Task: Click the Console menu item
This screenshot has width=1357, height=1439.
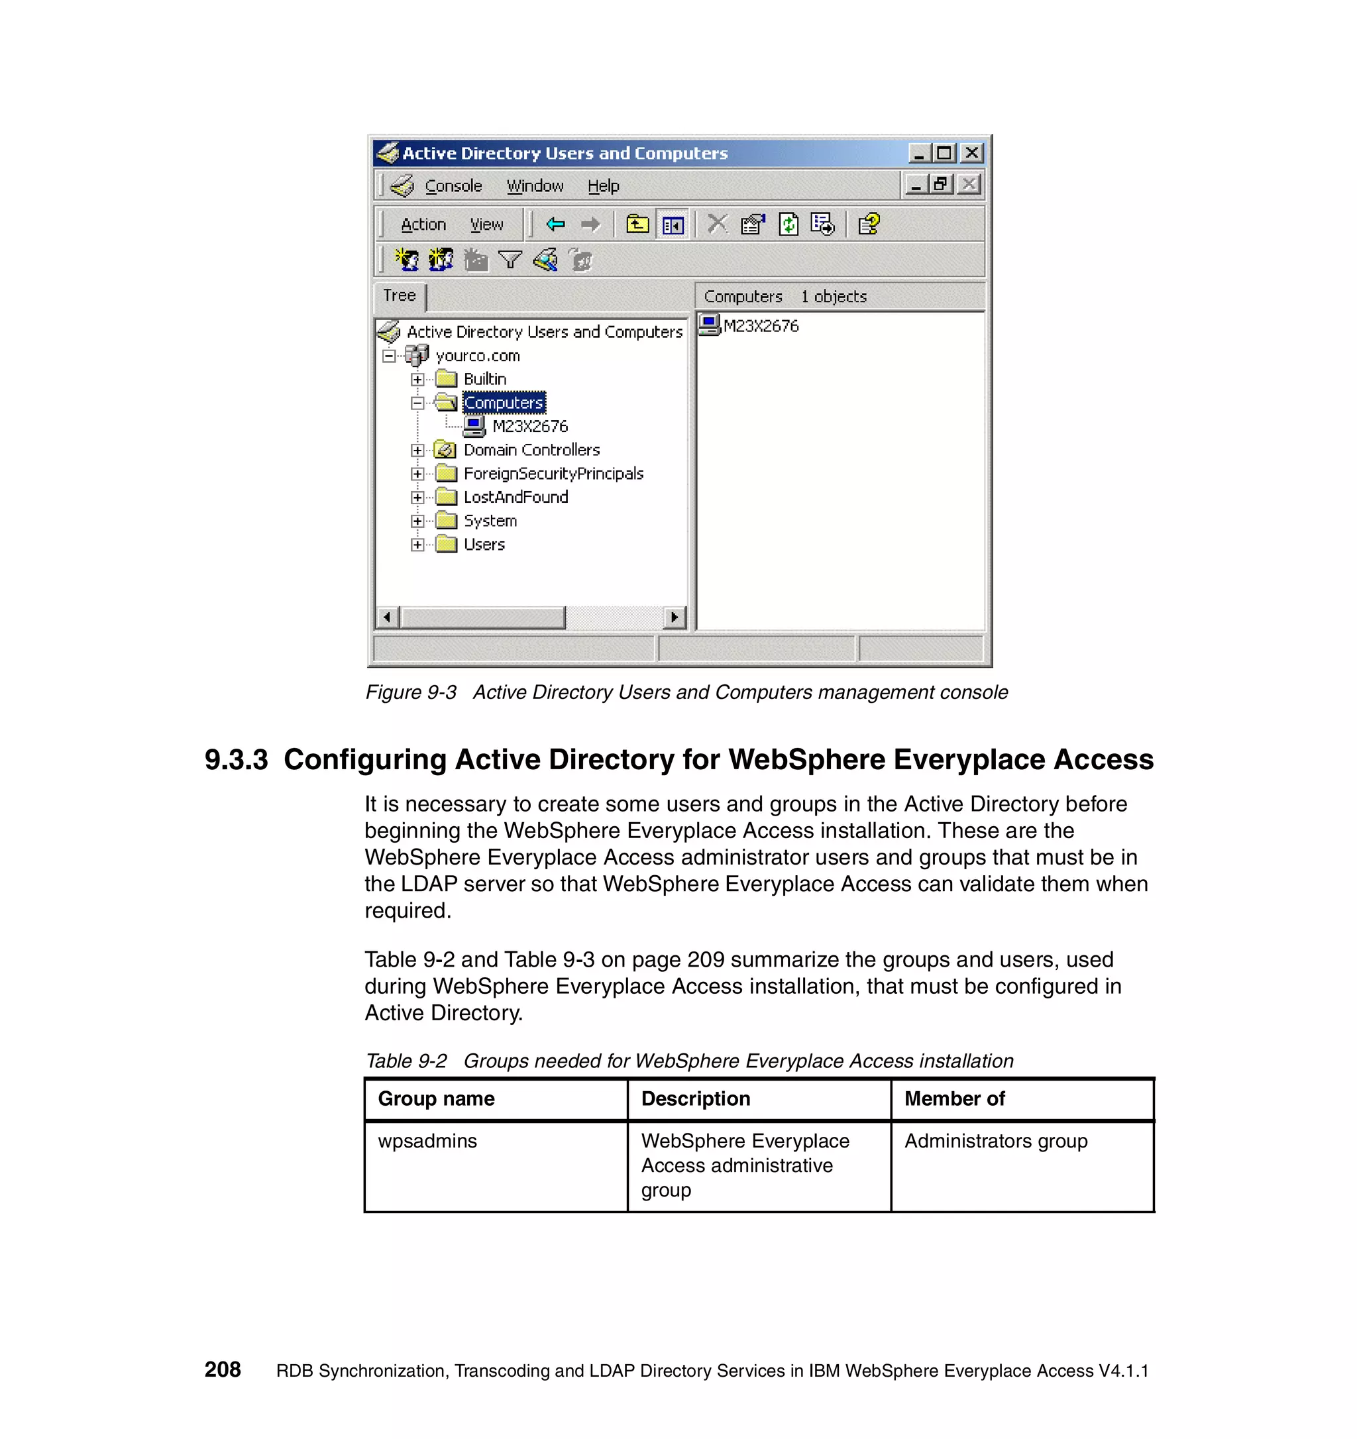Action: [453, 186]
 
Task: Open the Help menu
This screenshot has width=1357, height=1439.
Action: [603, 186]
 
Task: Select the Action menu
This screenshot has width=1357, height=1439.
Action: [423, 225]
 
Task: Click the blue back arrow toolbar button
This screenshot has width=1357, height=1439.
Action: [555, 225]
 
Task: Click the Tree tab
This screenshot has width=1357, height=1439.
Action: [399, 295]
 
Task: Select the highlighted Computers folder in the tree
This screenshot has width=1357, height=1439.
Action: [503, 402]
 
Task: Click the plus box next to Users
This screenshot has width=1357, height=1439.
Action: [417, 545]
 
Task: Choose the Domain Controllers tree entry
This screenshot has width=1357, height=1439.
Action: [531, 449]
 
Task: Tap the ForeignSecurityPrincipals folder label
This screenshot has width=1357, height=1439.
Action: [553, 474]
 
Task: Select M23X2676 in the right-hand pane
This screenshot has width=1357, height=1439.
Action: [760, 326]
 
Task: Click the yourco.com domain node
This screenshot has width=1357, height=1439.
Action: [477, 355]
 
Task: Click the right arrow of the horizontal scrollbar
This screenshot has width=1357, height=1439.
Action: [675, 617]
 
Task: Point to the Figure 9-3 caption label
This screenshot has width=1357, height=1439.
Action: [410, 692]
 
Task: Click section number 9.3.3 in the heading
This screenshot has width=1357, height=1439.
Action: [236, 759]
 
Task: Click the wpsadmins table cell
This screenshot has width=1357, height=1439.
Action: [427, 1141]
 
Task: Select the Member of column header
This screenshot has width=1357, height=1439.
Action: [954, 1098]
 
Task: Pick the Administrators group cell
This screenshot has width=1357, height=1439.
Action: [995, 1141]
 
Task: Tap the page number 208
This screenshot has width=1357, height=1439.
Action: [222, 1369]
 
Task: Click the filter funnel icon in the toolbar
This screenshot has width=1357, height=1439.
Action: [510, 259]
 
